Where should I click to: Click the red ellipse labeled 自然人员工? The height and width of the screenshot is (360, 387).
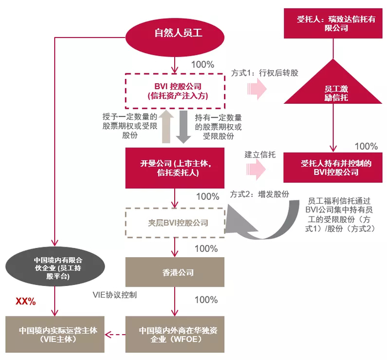pyautogui.click(x=176, y=33)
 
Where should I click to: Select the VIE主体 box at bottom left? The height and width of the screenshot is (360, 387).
pyautogui.click(x=54, y=334)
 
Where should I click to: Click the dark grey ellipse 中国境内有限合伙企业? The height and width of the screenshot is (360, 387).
pyautogui.click(x=54, y=268)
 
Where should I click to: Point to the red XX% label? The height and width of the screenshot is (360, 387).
pyautogui.click(x=25, y=301)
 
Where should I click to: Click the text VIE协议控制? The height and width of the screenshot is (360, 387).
pyautogui.click(x=114, y=295)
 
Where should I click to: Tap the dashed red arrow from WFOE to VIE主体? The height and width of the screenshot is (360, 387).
pyautogui.click(x=115, y=334)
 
